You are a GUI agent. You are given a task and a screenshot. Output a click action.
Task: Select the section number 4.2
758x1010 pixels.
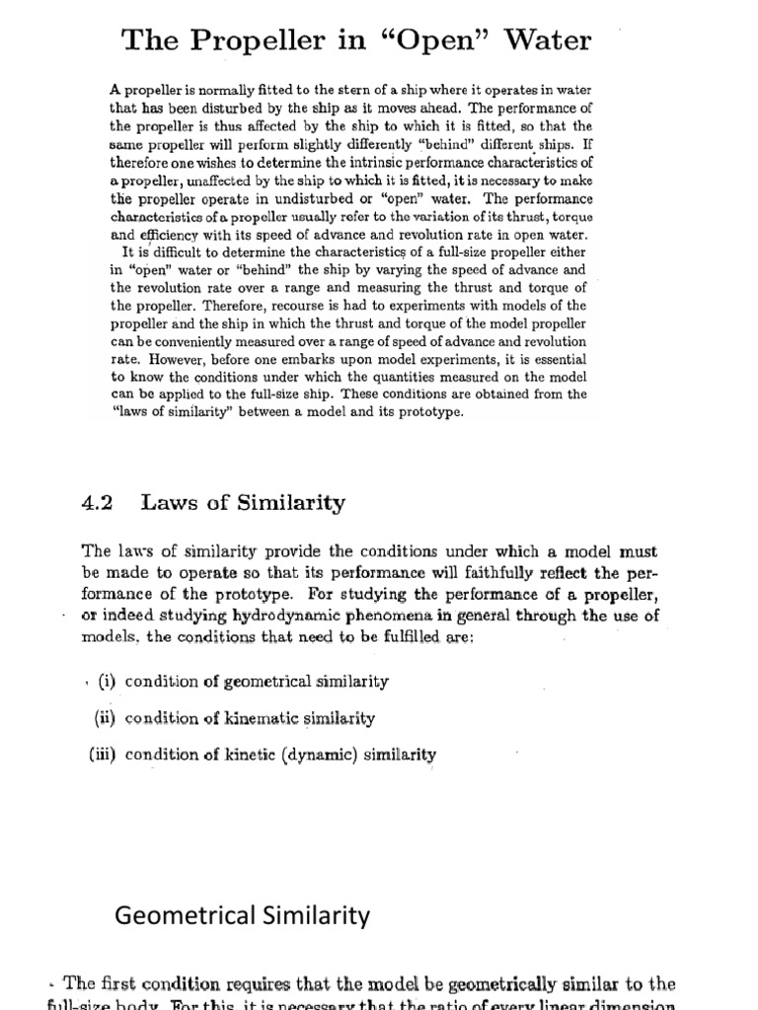pyautogui.click(x=97, y=503)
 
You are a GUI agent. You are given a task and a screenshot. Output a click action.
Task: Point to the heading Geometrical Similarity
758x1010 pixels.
pyautogui.click(x=243, y=916)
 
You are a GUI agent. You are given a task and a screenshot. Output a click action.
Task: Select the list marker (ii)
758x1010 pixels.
pyautogui.click(x=106, y=718)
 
